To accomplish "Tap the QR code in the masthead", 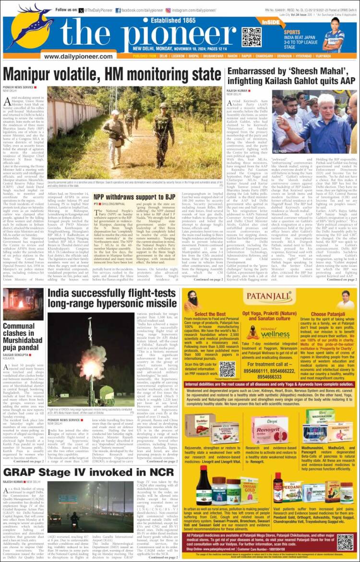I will point(252,37).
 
